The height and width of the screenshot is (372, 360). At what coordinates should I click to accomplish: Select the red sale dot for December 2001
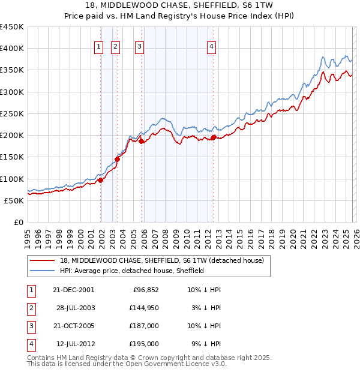[x=101, y=180]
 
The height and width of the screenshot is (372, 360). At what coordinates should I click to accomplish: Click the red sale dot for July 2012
[x=213, y=138]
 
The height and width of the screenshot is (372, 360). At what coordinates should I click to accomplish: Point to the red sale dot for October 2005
[x=142, y=142]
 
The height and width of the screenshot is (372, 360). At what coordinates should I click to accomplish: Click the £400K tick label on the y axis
[x=12, y=49]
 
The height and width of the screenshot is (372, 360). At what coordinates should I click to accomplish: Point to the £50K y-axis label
[x=14, y=200]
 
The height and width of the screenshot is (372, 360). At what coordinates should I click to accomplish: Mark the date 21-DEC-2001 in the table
[x=74, y=289]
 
